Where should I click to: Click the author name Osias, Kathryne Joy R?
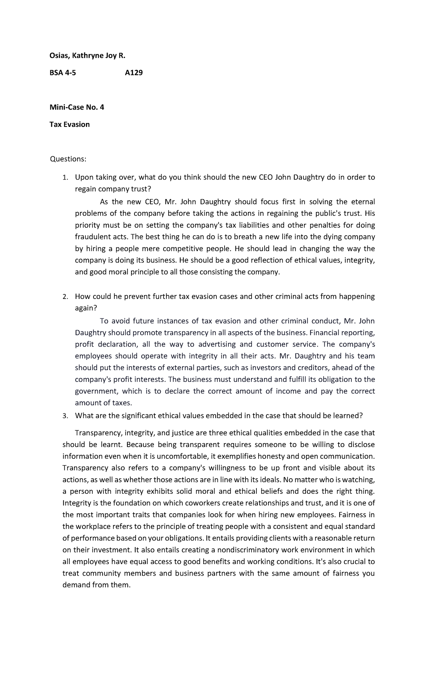coord(87,56)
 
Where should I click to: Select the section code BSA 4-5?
coord(62,73)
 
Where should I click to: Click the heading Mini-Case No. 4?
coord(77,107)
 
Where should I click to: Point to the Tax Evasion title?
coord(69,124)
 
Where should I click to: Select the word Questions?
coord(68,159)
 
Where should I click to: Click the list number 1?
coord(64,178)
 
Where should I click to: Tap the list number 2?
coord(64,297)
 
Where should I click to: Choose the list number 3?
coord(64,416)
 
